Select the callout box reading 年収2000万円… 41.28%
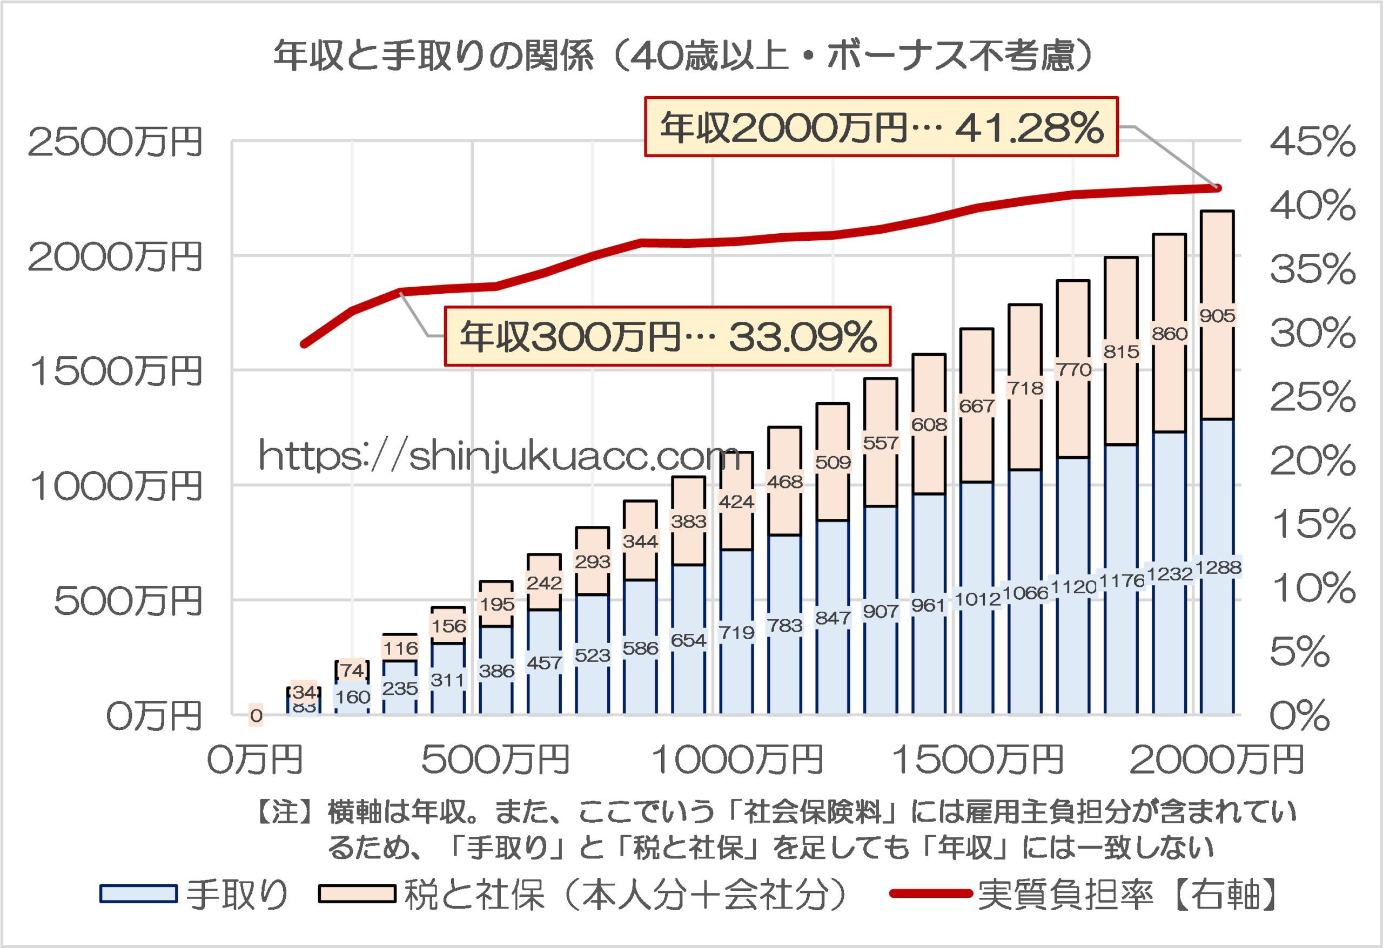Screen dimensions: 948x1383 (x=881, y=127)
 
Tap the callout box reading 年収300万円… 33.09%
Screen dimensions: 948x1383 (x=667, y=337)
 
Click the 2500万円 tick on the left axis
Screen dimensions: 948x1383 (x=116, y=143)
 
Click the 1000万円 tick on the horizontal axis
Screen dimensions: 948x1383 (x=737, y=760)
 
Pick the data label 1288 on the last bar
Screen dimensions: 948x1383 (x=1218, y=567)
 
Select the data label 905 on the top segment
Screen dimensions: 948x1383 (x=1217, y=316)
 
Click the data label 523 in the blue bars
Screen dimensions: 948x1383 (x=592, y=655)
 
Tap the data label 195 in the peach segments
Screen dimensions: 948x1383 (x=496, y=604)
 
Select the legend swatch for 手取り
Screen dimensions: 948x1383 (x=138, y=894)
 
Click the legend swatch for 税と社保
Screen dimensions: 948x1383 (x=357, y=894)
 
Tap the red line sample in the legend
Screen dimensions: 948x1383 (x=931, y=893)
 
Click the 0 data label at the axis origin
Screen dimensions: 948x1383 (x=256, y=715)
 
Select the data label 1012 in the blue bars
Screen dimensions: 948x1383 (x=977, y=599)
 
